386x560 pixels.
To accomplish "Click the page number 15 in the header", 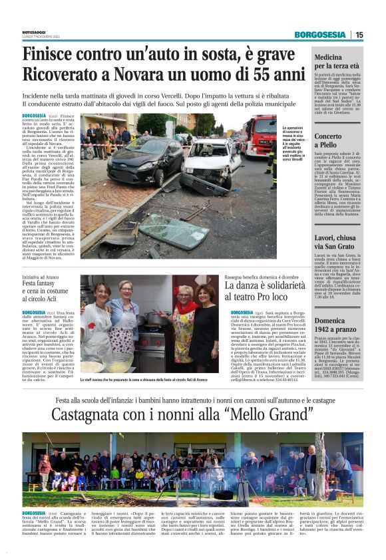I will coord(359,35).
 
